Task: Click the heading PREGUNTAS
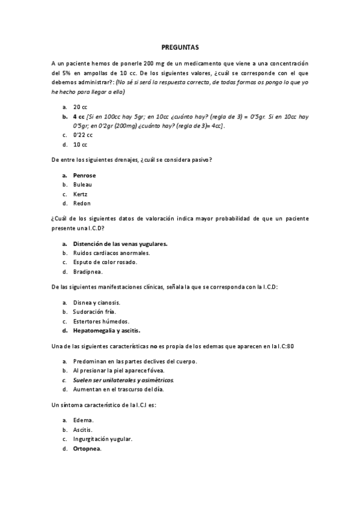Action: pos(180,46)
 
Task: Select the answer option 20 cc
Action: pos(81,106)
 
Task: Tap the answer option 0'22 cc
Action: pos(83,135)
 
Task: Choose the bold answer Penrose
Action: pos(84,175)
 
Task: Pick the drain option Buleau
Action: pos(83,185)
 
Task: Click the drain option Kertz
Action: pos(81,194)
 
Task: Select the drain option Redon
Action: pos(81,204)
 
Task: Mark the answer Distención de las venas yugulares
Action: pos(120,244)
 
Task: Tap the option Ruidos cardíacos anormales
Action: pos(111,253)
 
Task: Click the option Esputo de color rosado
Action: pos(105,262)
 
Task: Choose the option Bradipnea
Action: pos(88,272)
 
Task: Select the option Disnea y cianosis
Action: pos(97,302)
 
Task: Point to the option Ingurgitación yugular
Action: pos(102,439)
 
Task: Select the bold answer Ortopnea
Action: pos(87,449)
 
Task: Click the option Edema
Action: pos(84,420)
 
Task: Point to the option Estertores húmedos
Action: pos(101,321)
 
